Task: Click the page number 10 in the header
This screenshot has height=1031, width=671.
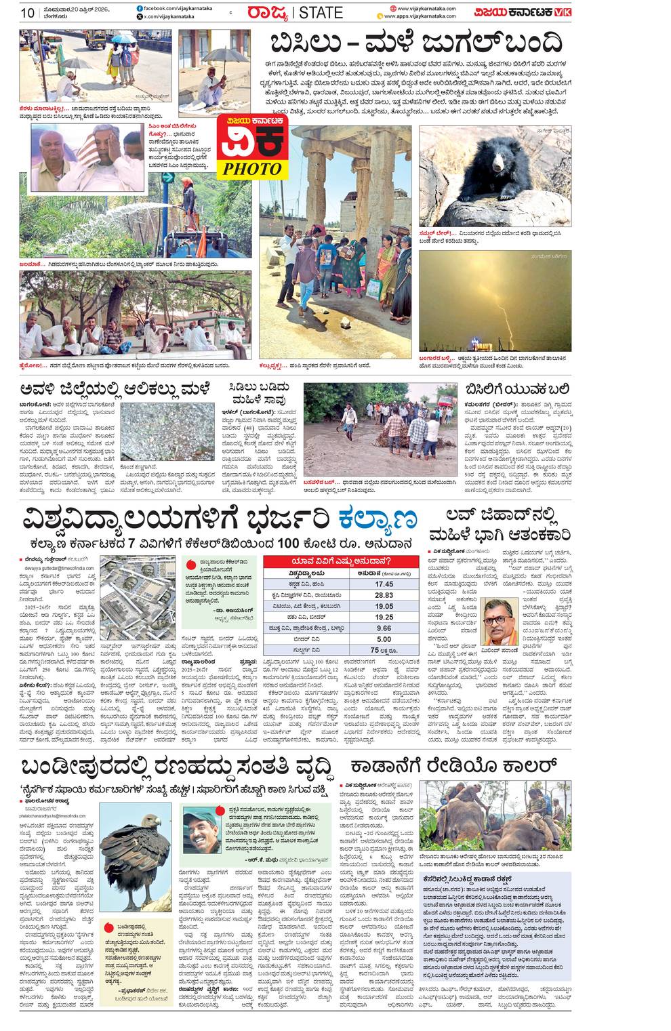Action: click(x=28, y=12)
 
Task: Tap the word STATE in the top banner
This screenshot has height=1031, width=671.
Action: click(x=321, y=13)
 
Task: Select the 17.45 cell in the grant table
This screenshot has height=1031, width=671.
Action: click(x=384, y=584)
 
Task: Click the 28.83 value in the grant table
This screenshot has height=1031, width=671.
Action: click(x=384, y=594)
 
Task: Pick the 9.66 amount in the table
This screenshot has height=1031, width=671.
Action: click(x=384, y=628)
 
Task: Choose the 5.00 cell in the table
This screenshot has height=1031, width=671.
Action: click(x=384, y=639)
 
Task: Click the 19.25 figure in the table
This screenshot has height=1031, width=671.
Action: click(x=384, y=617)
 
